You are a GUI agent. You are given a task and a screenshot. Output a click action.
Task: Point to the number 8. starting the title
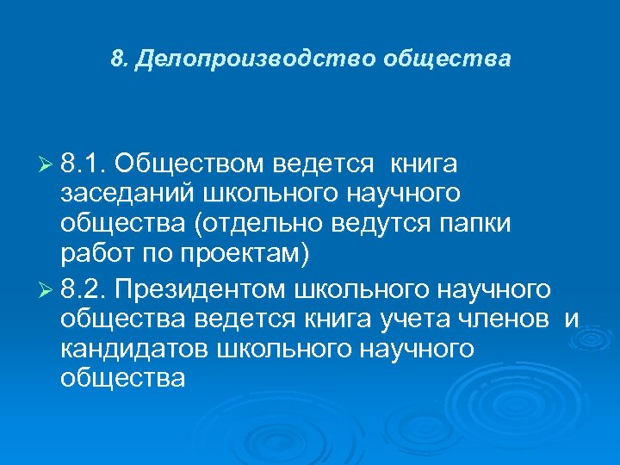point(119,59)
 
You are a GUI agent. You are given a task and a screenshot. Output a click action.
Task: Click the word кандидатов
point(135,350)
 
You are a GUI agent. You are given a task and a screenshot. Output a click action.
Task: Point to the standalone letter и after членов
point(573,319)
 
